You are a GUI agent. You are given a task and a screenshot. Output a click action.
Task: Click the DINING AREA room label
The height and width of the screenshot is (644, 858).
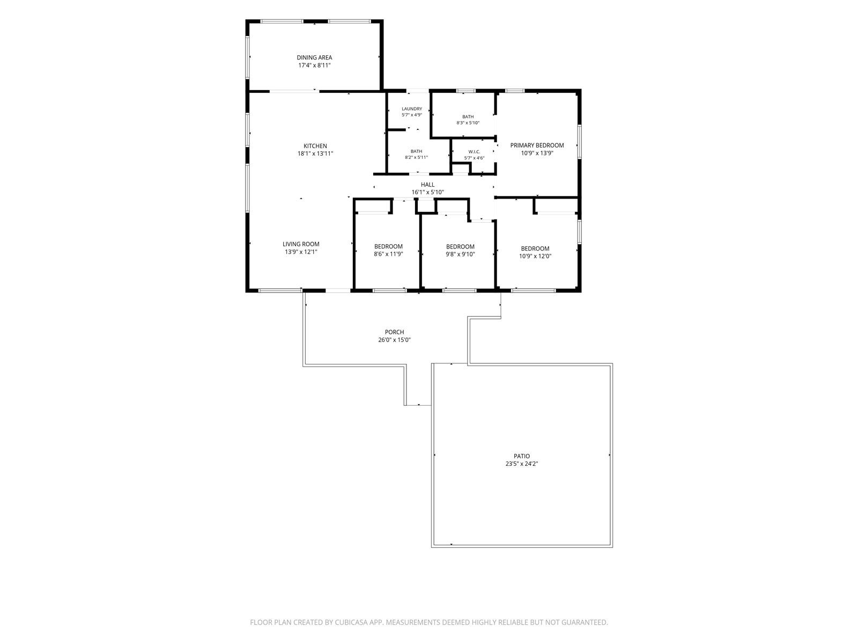314,57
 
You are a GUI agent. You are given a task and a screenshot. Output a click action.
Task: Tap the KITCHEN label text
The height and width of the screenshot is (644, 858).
315,146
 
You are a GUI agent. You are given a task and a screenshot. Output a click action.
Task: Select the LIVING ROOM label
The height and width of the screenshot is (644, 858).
301,244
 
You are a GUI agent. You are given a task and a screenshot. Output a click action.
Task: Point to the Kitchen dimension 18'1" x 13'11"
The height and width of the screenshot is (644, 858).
315,153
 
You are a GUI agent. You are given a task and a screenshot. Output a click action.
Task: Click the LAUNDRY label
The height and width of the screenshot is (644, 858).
412,109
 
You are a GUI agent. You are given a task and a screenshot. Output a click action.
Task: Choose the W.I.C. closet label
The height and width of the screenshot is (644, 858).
474,152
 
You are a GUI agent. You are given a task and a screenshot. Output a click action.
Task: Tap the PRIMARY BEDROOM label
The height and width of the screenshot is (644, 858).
537,145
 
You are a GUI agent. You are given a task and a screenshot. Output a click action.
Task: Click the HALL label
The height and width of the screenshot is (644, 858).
427,185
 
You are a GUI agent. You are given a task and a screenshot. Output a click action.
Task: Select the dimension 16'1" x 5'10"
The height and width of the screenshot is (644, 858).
427,192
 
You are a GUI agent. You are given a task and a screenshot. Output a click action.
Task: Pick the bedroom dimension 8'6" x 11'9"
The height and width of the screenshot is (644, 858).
388,254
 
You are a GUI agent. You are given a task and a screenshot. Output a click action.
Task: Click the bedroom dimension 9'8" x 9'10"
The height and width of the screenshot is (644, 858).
460,254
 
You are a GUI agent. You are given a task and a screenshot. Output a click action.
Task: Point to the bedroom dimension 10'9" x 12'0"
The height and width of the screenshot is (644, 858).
535,256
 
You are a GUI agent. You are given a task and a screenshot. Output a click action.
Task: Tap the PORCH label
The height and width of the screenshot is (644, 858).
394,332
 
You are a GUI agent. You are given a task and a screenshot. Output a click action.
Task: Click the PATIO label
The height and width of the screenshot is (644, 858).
522,456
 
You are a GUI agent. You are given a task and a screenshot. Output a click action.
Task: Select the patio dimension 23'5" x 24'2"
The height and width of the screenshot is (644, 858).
522,464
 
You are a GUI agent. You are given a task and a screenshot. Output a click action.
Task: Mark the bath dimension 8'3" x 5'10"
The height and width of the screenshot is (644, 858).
468,123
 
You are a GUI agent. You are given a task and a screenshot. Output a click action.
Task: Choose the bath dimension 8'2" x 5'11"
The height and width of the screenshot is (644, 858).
416,158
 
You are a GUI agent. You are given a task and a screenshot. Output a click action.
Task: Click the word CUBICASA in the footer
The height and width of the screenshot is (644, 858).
351,623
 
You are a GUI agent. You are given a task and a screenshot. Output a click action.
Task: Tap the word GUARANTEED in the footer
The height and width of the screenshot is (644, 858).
585,623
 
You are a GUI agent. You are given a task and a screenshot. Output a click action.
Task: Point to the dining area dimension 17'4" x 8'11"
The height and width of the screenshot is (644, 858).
314,65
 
